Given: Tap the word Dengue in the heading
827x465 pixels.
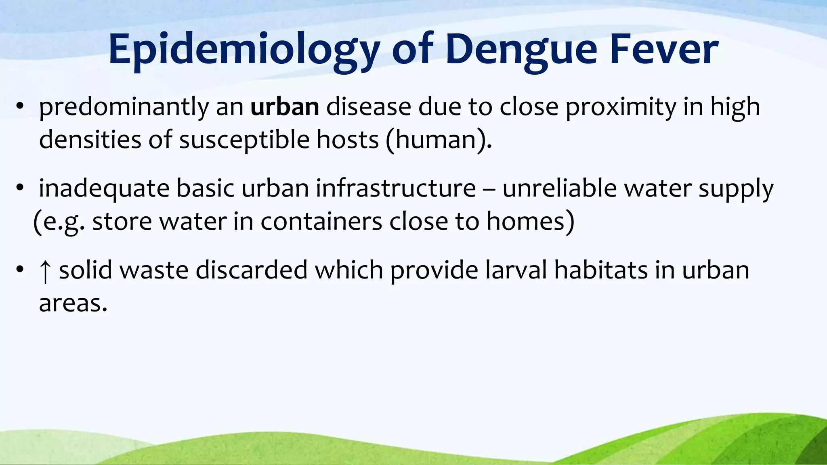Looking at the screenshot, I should point(521,50).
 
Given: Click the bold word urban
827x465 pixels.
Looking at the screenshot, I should point(285,107).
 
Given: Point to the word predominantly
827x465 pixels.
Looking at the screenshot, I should point(124,108).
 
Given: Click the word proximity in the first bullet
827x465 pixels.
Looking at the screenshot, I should point(620,108).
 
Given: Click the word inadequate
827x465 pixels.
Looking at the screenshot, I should point(104,189).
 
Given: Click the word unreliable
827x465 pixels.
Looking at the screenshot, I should point(559,189).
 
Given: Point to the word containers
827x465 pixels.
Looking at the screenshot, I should point(321,222).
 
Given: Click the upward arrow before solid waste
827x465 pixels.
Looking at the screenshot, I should point(45,271).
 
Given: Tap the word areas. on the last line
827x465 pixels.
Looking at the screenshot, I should point(73,304).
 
